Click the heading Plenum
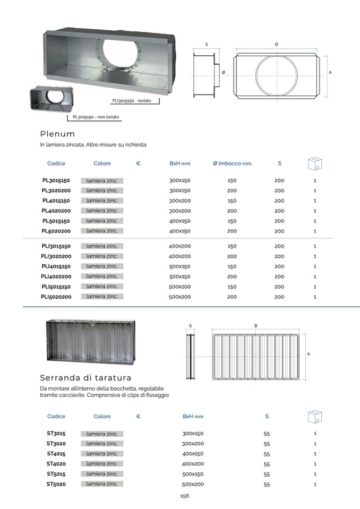point(57,134)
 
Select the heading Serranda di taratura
point(85,378)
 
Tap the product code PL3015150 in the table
point(56,180)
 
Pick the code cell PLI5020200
point(56,297)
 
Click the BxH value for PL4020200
point(179,211)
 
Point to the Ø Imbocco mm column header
point(232,163)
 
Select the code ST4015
point(56,453)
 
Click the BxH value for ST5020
point(193,484)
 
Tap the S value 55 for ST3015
point(267,434)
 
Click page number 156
point(184,496)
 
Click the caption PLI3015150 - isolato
point(131,101)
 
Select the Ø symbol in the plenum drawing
point(224,72)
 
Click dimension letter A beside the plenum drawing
point(330,72)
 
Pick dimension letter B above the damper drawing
point(256,325)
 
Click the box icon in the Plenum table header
point(315,163)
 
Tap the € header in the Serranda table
point(138,416)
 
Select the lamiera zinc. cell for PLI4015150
point(102,266)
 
